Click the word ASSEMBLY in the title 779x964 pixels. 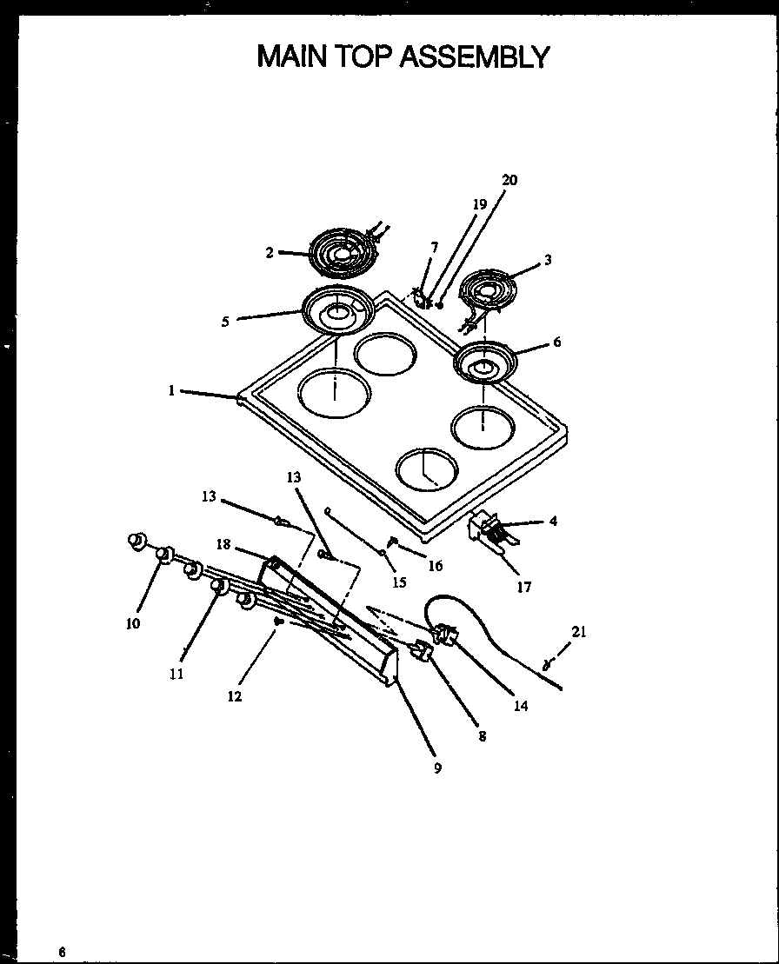click(474, 57)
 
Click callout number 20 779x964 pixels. click(509, 180)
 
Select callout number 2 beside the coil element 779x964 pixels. click(270, 252)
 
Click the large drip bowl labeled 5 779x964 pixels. click(337, 309)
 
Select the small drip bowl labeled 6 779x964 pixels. click(483, 362)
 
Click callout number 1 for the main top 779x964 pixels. click(172, 391)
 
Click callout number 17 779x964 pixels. click(523, 587)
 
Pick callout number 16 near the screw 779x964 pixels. click(435, 566)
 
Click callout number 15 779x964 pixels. click(399, 582)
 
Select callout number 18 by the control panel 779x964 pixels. click(223, 544)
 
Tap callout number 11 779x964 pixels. click(176, 674)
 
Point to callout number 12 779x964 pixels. click(235, 696)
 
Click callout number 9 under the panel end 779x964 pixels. click(437, 768)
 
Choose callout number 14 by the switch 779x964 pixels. click(520, 706)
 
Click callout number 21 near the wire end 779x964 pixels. click(579, 632)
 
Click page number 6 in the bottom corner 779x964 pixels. click(62, 951)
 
